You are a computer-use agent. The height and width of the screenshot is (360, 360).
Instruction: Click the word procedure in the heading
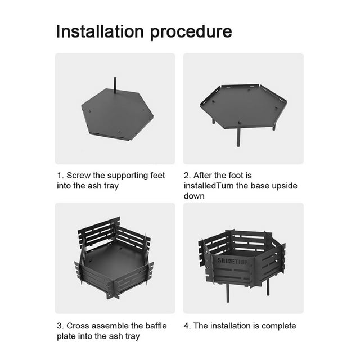(x=191, y=32)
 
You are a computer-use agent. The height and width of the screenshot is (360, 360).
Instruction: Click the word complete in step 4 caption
(x=278, y=326)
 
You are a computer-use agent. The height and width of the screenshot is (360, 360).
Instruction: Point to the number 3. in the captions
(x=59, y=326)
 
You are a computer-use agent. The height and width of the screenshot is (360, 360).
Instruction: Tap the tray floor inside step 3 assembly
(x=115, y=259)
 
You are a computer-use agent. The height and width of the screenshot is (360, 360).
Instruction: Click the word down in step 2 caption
(x=193, y=196)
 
